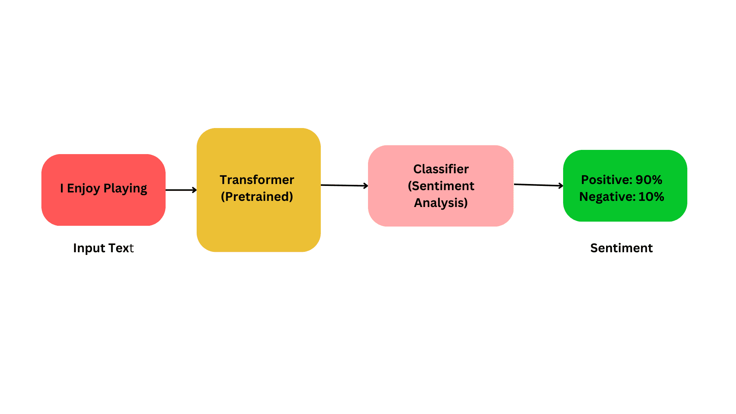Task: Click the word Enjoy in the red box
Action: (x=83, y=188)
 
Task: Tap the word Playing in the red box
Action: (x=125, y=188)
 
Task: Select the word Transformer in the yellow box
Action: (x=257, y=179)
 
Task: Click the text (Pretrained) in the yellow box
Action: (x=257, y=197)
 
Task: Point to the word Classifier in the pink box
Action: (x=441, y=169)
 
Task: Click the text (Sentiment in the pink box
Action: (x=441, y=186)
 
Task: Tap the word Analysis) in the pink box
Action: (x=441, y=202)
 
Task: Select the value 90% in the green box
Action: (x=649, y=179)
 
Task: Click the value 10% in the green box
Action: (x=651, y=197)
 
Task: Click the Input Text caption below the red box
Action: (x=103, y=248)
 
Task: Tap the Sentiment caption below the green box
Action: (x=621, y=248)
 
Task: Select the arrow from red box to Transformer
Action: (x=180, y=190)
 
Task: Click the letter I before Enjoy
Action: (x=62, y=188)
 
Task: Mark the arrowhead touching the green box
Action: (x=561, y=186)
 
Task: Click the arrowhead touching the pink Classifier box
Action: (x=366, y=186)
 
